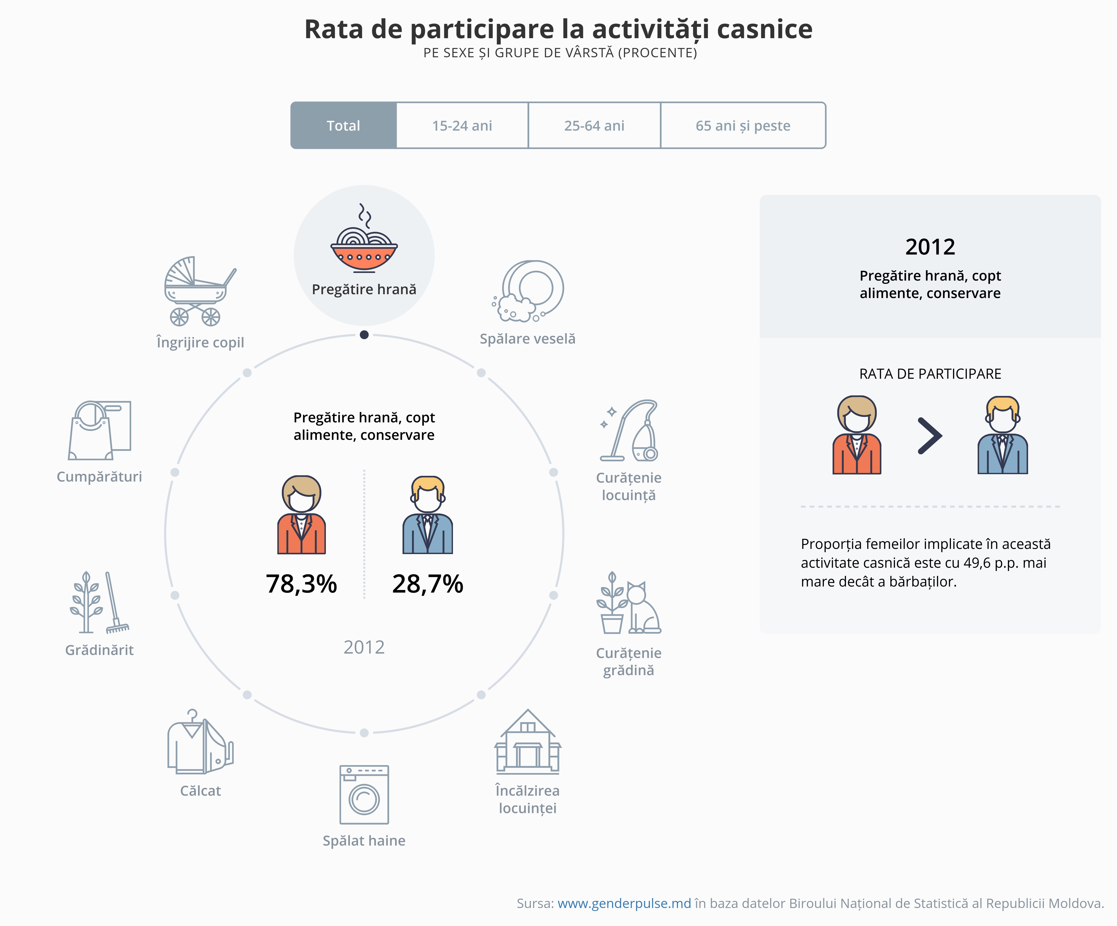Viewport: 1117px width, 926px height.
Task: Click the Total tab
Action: (x=344, y=125)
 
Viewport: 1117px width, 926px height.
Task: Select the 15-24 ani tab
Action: (x=462, y=125)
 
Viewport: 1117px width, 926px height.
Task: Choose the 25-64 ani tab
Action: (x=594, y=125)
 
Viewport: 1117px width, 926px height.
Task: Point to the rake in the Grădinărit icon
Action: (x=114, y=604)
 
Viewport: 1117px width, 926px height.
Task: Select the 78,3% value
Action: (x=301, y=584)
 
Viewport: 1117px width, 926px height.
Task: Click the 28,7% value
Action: (x=428, y=584)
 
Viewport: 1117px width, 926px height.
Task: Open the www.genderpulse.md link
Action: (x=624, y=903)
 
